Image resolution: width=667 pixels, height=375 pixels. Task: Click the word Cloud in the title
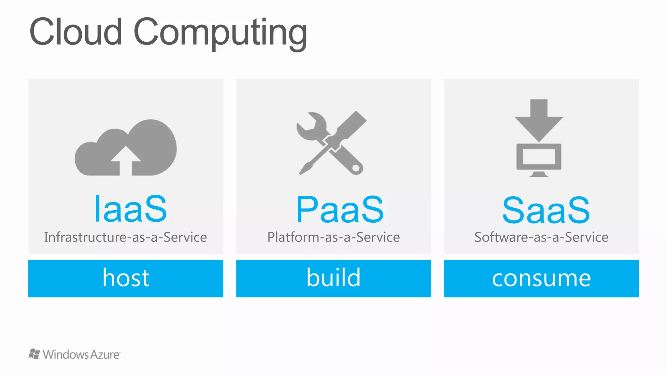pyautogui.click(x=76, y=32)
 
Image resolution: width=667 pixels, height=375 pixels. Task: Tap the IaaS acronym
pyautogui.click(x=130, y=209)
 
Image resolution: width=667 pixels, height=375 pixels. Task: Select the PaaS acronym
pyautogui.click(x=340, y=210)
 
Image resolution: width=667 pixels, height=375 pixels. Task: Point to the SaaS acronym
pyautogui.click(x=546, y=210)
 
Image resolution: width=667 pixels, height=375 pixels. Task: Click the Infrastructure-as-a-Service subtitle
pyautogui.click(x=125, y=237)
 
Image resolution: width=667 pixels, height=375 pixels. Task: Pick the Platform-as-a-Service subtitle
pyautogui.click(x=333, y=237)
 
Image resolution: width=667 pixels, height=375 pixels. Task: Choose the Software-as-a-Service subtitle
pyautogui.click(x=541, y=237)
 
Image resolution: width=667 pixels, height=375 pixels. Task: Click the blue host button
pyautogui.click(x=126, y=278)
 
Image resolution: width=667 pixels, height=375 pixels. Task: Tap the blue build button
pyautogui.click(x=333, y=278)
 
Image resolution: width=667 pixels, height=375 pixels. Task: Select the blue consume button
pyautogui.click(x=541, y=278)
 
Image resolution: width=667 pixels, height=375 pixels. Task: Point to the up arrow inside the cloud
pyautogui.click(x=126, y=160)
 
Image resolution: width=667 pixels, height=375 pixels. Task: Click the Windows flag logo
pyautogui.click(x=34, y=354)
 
